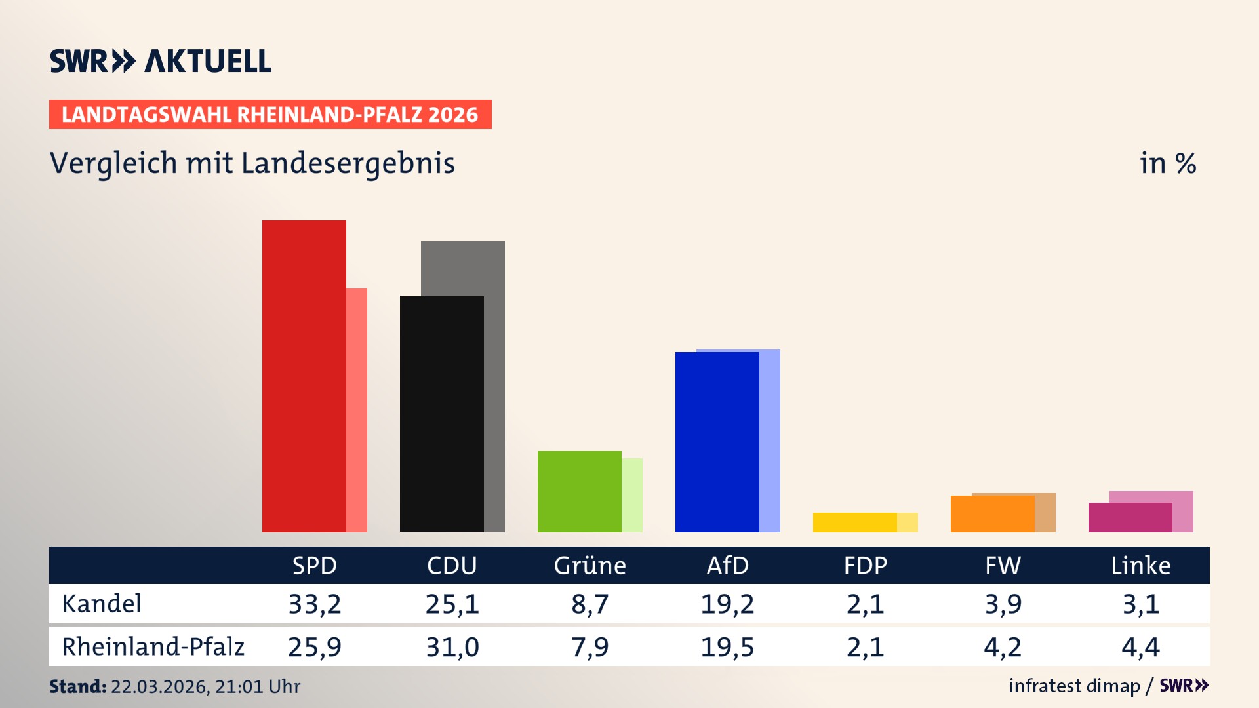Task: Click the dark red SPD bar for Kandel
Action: [x=304, y=376]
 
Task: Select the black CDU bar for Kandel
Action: [x=442, y=414]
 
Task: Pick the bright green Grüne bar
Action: [x=580, y=492]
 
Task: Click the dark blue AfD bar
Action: [x=717, y=442]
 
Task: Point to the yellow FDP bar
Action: [x=855, y=522]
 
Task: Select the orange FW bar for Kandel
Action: [x=993, y=514]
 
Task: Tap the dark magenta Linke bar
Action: [x=1130, y=518]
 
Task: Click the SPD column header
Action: [x=315, y=565]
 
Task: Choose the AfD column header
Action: [x=728, y=565]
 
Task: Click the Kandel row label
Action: [x=102, y=604]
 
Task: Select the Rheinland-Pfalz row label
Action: [x=153, y=647]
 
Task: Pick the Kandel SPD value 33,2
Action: [x=315, y=604]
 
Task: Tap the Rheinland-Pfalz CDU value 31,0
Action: [x=452, y=647]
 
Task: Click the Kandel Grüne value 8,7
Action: [x=590, y=604]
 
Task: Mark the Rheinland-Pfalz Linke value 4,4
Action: [x=1141, y=647]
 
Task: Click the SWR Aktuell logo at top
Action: [x=161, y=61]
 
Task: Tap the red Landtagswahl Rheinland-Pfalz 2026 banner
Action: [x=270, y=115]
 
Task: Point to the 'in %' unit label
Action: [x=1168, y=163]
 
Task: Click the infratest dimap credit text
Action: [x=1074, y=686]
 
